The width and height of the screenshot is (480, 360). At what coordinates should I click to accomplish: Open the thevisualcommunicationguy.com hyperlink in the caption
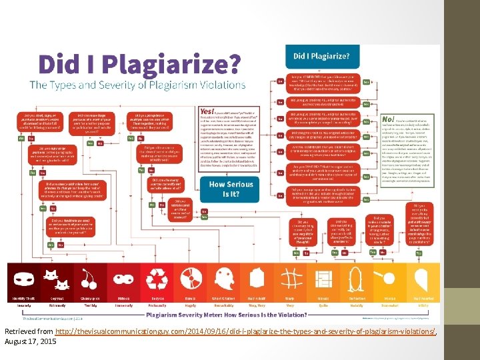246,331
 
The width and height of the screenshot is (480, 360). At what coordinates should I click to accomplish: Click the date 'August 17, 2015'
31,341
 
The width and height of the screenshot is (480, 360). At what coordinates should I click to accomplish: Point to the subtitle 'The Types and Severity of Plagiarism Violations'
137,85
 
